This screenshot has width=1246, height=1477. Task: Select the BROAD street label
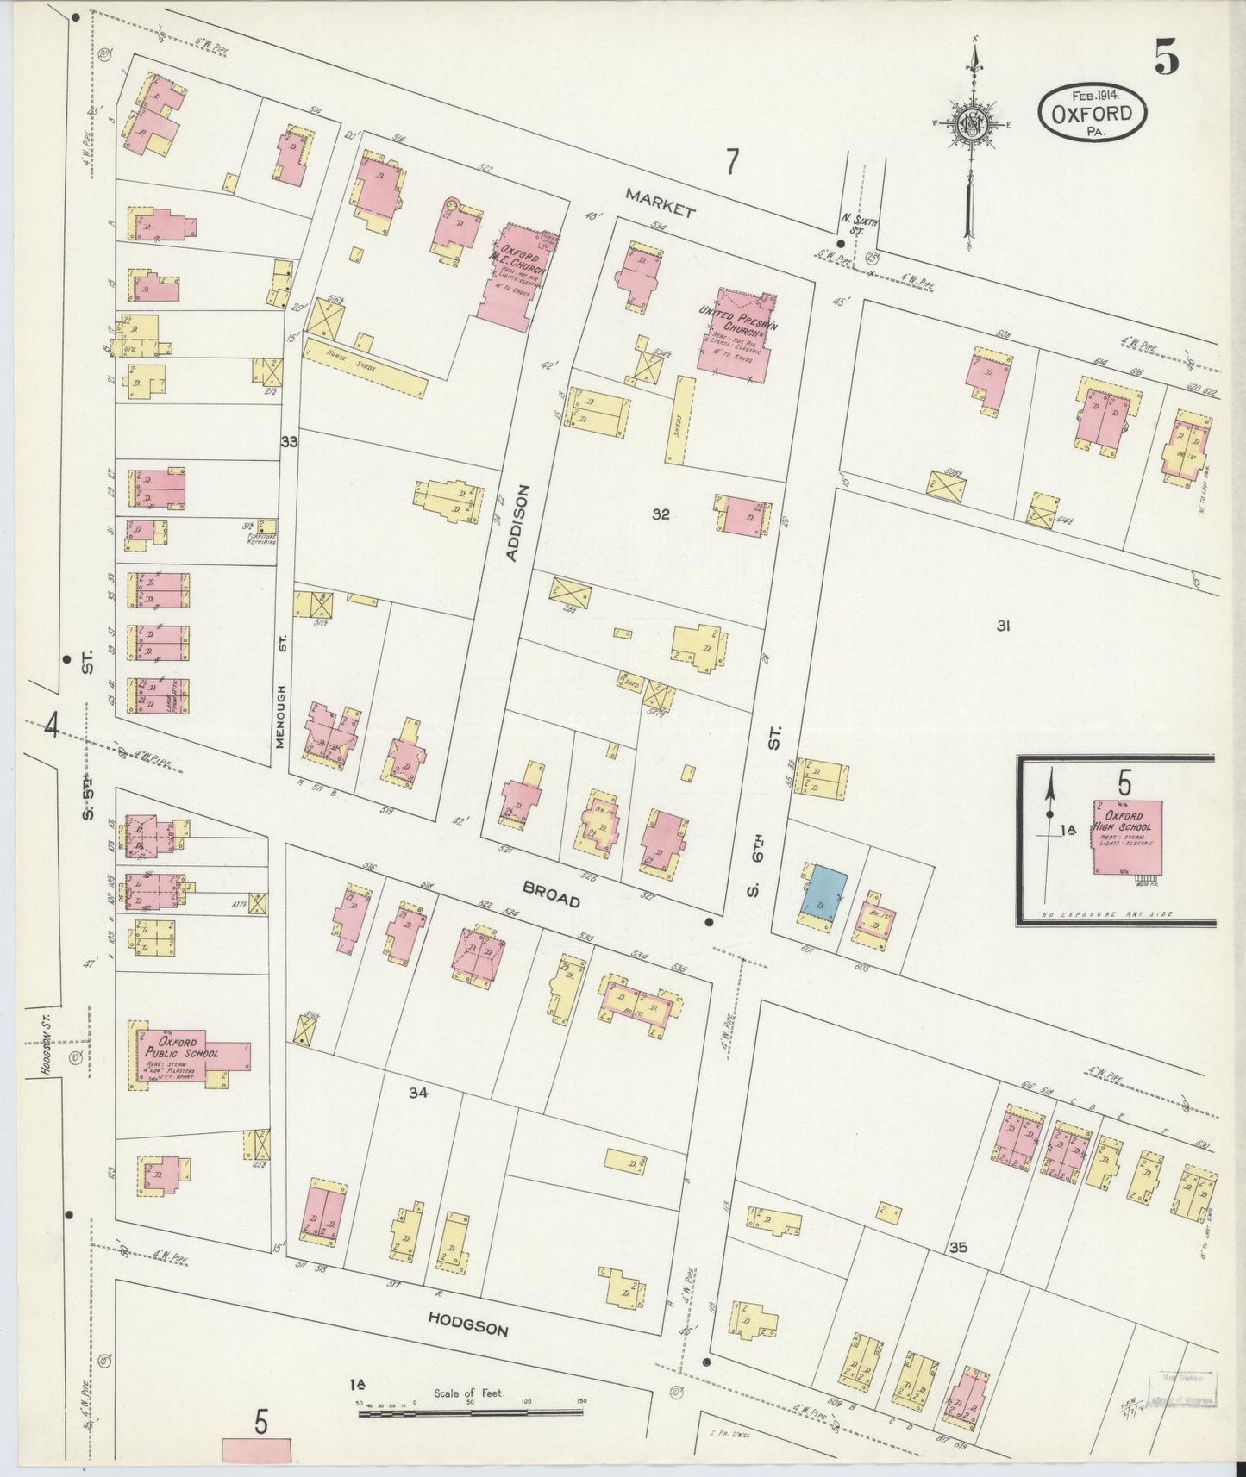pos(551,896)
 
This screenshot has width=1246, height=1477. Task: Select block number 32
pos(661,514)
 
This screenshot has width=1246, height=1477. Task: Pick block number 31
pos(1002,626)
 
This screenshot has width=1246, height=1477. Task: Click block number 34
pos(418,1094)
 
